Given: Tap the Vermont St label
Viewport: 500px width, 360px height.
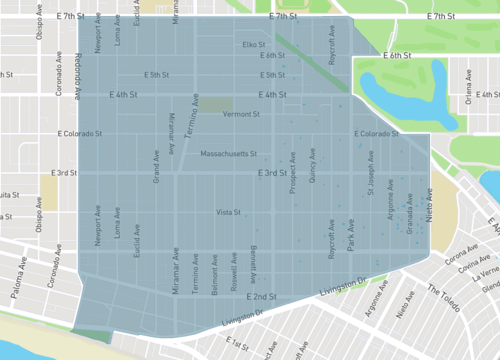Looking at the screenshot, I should (x=241, y=115).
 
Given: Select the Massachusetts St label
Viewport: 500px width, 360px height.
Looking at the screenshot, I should (x=229, y=154).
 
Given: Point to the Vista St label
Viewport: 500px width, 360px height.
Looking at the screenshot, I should (x=229, y=212).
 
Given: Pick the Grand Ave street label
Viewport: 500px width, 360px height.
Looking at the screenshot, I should (x=156, y=168).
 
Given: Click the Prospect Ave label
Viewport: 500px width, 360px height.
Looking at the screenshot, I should (x=293, y=173).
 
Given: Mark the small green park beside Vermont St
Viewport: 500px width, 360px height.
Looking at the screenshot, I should (x=217, y=104).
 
